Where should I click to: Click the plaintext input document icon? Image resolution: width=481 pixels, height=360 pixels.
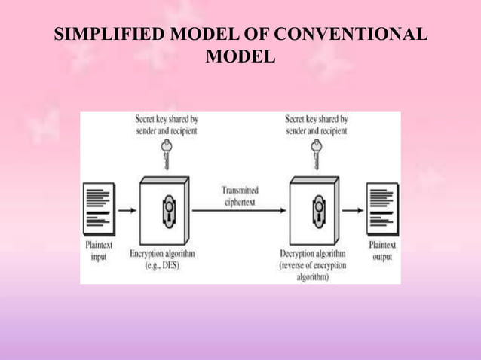[x=98, y=206]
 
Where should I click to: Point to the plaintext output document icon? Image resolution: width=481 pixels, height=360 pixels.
[x=381, y=206]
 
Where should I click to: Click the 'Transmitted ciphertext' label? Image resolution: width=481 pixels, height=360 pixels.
[x=241, y=196]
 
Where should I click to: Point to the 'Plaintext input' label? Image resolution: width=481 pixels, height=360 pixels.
[x=99, y=251]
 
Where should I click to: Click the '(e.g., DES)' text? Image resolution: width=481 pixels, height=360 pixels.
[x=162, y=266]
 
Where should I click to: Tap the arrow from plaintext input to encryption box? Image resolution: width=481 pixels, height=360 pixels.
[x=127, y=210]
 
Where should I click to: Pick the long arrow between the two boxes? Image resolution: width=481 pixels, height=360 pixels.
[x=241, y=210]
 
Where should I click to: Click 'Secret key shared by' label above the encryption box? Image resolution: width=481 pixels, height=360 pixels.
[x=166, y=119]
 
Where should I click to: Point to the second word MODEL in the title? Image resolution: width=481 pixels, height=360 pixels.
[x=240, y=57]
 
